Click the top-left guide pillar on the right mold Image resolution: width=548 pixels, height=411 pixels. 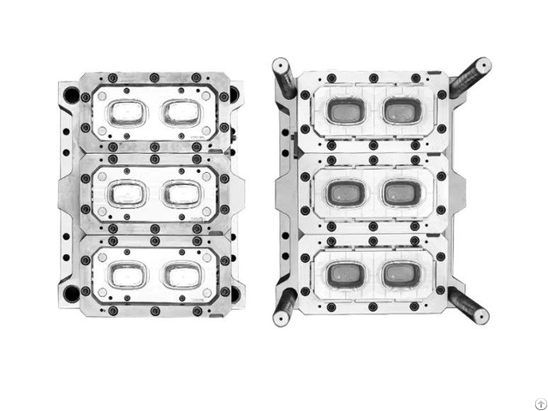(x=284, y=77)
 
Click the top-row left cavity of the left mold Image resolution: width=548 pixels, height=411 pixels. (x=126, y=112)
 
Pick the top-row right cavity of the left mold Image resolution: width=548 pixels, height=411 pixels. (x=182, y=112)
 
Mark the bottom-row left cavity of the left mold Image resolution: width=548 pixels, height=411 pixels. (x=126, y=275)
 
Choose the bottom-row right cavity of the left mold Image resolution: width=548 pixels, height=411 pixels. (x=182, y=275)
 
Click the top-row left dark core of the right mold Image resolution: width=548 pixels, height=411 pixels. (x=344, y=110)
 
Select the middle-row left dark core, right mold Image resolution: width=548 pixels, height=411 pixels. (x=344, y=192)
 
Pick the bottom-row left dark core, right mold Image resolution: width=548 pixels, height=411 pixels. (x=344, y=274)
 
